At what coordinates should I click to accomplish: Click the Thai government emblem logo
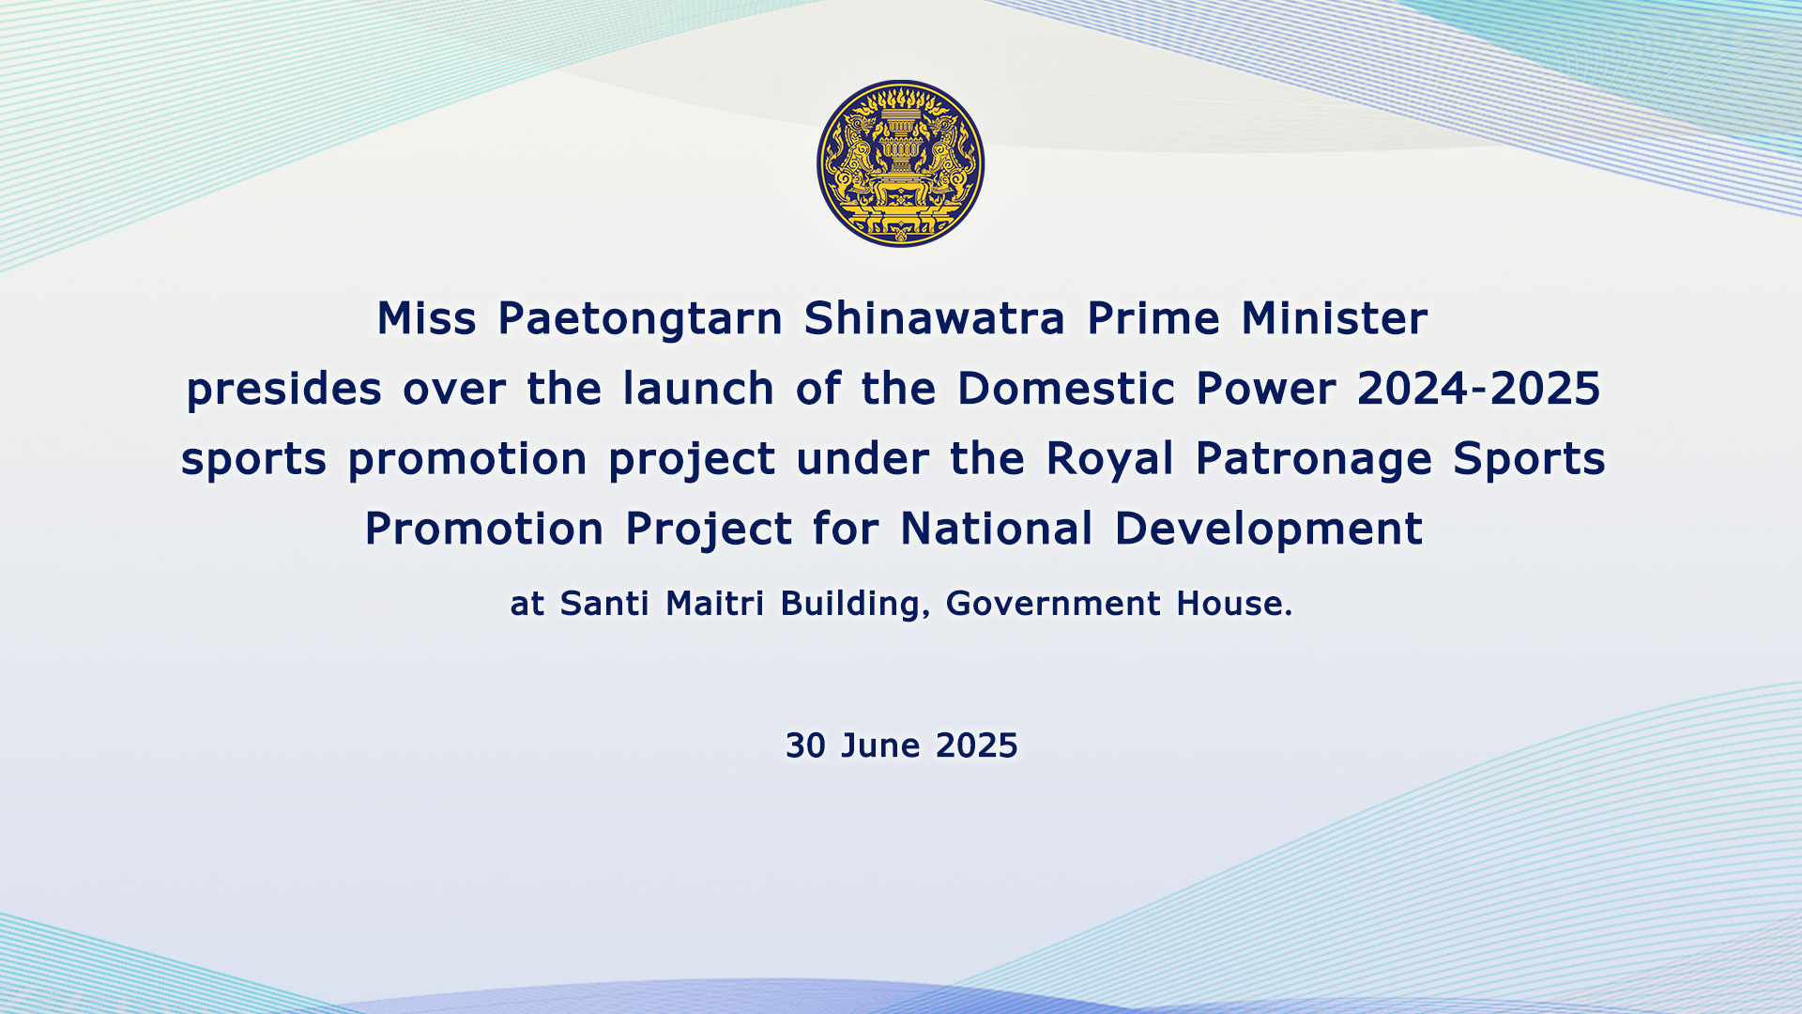click(901, 163)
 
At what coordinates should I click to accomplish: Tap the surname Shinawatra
click(935, 318)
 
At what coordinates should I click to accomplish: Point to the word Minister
click(1335, 318)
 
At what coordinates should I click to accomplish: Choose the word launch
click(698, 388)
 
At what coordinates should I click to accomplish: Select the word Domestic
click(1066, 388)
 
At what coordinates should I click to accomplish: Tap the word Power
click(1266, 388)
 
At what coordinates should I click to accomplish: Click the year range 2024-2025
click(1479, 389)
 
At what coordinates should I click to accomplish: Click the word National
click(997, 529)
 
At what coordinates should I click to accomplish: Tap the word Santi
click(604, 604)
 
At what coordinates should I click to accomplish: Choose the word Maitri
click(715, 604)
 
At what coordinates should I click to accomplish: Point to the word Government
click(1053, 604)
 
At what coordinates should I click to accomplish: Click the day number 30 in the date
click(805, 745)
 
